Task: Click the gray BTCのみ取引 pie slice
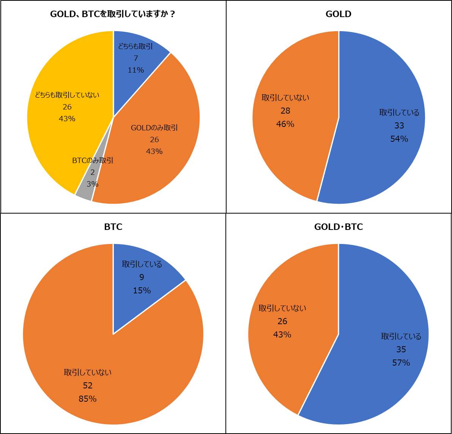coord(84,192)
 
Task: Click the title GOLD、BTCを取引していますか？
coord(113,14)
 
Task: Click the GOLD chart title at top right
coord(339,14)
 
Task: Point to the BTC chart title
coord(113,227)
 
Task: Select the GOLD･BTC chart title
coord(339,227)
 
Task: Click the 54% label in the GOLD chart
coord(399,139)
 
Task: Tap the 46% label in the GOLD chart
coord(285,124)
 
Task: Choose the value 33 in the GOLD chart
coord(399,126)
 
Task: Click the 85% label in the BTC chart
coord(88,399)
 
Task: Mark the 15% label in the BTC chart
coord(142,291)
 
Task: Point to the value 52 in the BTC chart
coord(88,386)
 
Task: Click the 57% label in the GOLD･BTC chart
coord(401,363)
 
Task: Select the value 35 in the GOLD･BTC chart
coord(401,350)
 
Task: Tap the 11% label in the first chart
coord(136,70)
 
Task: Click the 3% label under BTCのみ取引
coord(93,184)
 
